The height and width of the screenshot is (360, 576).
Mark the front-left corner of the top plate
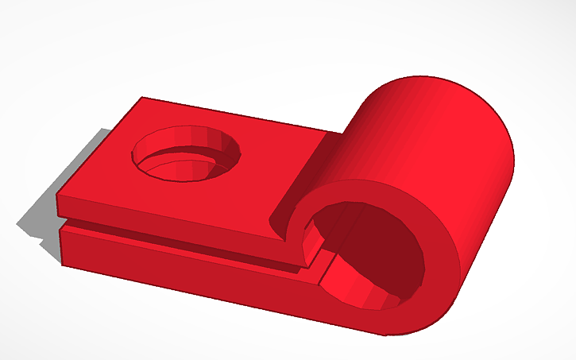[x=56, y=193]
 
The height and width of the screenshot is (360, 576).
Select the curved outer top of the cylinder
[x=429, y=119]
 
